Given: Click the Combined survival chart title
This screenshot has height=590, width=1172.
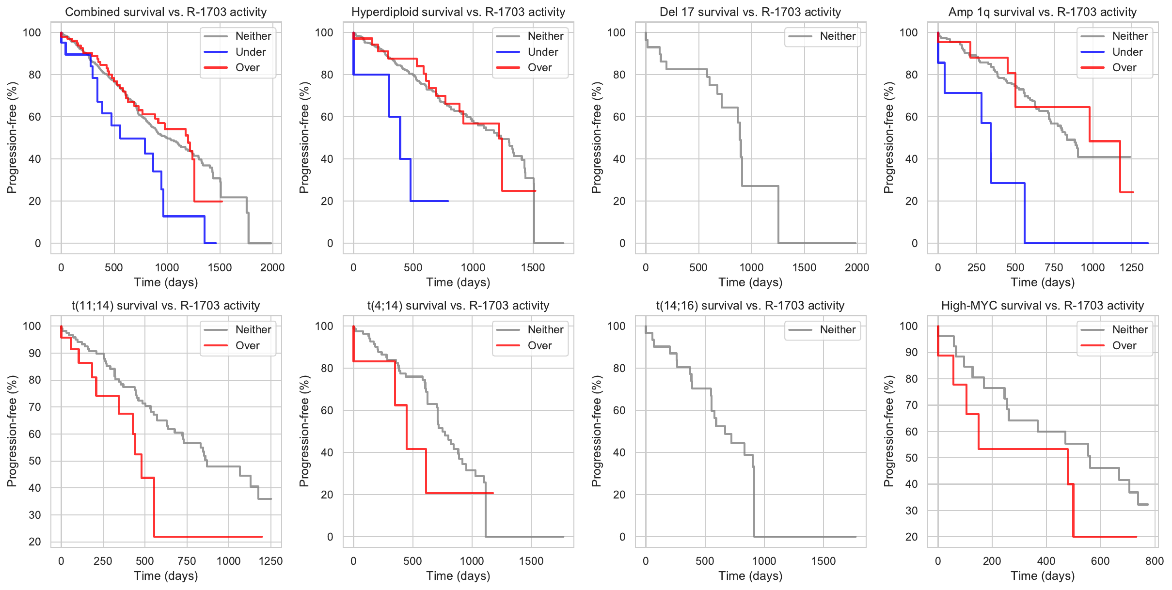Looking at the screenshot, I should coord(166,12).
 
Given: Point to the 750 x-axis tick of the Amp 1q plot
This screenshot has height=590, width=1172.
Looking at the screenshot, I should coord(1054,267).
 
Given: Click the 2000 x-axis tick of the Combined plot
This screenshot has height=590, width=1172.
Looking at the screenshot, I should coord(272,267).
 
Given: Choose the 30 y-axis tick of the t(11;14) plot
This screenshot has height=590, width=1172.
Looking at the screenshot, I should coord(35,515).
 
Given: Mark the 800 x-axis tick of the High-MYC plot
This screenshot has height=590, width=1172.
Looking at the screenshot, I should coord(1155,561).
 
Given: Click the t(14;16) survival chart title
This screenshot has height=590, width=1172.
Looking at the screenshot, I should coord(750,306).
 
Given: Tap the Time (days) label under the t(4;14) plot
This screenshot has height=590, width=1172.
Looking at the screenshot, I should coord(458,576).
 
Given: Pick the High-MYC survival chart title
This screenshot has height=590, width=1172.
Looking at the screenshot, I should coord(1042,306).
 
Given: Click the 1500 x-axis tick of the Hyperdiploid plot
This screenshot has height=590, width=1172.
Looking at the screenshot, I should coord(533,267).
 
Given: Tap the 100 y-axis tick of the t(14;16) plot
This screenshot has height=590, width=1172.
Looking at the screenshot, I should coord(617,326).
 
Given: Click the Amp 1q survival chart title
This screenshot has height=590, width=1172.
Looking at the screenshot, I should coord(1042,12).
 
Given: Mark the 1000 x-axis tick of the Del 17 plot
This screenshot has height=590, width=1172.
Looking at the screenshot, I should coord(751,267).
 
